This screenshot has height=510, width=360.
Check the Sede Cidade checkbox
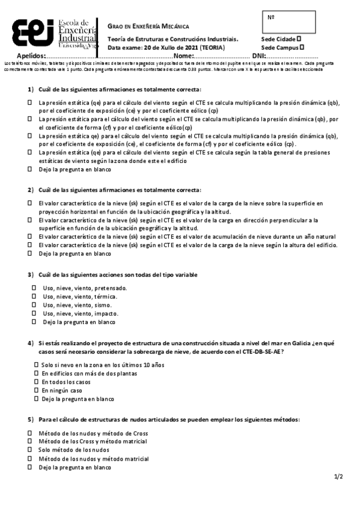pyautogui.click(x=299, y=38)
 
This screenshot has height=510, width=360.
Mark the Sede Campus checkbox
pyautogui.click(x=302, y=46)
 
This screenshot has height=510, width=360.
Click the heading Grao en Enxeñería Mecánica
pyautogui.click(x=148, y=26)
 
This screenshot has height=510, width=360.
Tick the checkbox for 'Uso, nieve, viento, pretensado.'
pyautogui.click(x=34, y=288)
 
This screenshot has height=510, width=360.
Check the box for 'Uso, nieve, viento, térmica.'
pyautogui.click(x=34, y=296)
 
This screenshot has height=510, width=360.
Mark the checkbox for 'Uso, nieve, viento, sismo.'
pyautogui.click(x=34, y=305)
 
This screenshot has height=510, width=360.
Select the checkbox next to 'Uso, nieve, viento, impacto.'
pyautogui.click(x=34, y=313)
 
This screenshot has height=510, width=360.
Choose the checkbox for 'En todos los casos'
pyautogui.click(x=36, y=382)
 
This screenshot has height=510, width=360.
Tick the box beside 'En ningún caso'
pyautogui.click(x=36, y=390)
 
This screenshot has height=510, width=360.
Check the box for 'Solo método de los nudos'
pyautogui.click(x=29, y=450)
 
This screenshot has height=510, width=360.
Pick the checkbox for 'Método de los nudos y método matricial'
pyautogui.click(x=29, y=458)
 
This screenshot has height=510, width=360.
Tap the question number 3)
pyautogui.click(x=31, y=275)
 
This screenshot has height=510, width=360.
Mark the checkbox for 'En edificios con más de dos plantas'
pyautogui.click(x=36, y=373)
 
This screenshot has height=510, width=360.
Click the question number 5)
pyautogui.click(x=31, y=419)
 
